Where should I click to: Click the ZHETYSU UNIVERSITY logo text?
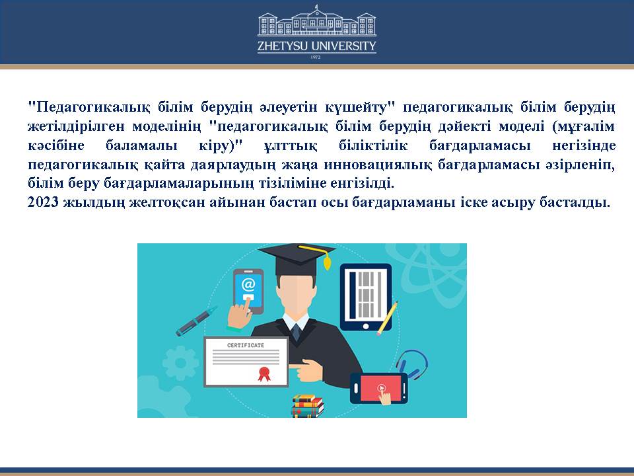pos(316,46)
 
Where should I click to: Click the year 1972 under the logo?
pos(316,57)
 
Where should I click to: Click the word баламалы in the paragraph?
pos(141,145)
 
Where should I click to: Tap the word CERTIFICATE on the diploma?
pos(246,345)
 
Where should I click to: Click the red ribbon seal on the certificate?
pos(264,374)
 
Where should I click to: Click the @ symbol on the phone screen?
pos(248,285)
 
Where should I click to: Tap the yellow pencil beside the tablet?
pos(387,319)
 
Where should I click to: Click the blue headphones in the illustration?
pos(412,363)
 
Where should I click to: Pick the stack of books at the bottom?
pos(308,406)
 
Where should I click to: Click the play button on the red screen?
pos(381,388)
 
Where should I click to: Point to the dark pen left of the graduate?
pos(197,321)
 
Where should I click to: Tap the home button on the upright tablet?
pos(365,326)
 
